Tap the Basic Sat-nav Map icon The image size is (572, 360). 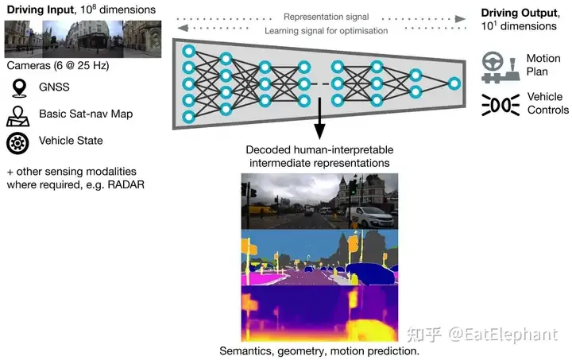[17, 114]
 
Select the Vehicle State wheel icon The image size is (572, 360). [17, 142]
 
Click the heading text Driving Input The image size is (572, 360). [37, 9]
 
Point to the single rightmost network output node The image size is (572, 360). [454, 83]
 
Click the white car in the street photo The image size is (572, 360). [371, 215]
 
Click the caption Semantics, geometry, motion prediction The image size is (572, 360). [319, 350]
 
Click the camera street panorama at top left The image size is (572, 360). [83, 38]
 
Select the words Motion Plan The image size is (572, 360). [543, 65]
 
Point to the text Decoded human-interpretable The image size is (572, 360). [319, 149]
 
